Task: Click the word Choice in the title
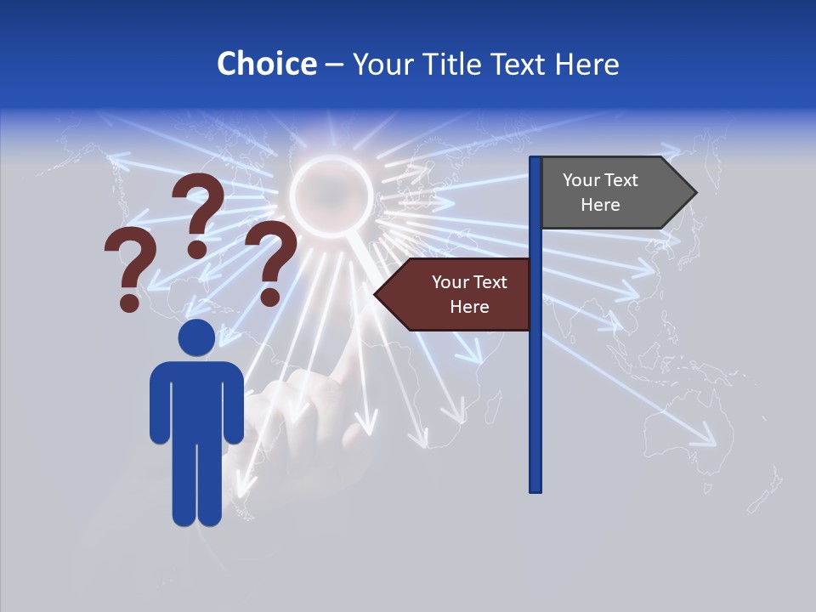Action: pos(266,64)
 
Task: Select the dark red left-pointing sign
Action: pos(455,294)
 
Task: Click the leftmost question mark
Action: pos(128,268)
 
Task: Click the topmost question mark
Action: pos(198,212)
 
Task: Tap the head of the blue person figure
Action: pos(196,337)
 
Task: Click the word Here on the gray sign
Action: pos(600,205)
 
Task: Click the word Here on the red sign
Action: pos(469,307)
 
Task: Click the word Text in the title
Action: pos(519,64)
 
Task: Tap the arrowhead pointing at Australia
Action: pos(709,440)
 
